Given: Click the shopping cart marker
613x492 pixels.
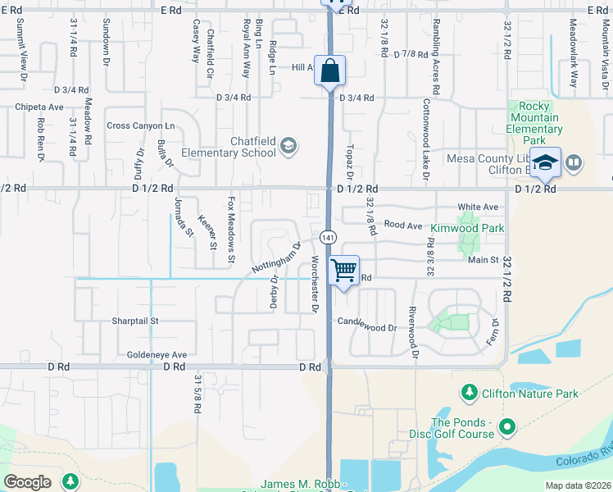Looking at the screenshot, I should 344,269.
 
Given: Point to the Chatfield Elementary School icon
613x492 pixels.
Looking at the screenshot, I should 287,146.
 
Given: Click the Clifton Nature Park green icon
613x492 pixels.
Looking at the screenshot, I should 469,394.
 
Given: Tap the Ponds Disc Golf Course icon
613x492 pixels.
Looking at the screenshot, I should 506,426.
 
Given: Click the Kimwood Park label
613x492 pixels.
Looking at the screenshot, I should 467,228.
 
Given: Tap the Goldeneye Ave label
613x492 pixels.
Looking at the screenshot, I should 157,355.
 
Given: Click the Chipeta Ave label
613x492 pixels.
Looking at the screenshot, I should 40,107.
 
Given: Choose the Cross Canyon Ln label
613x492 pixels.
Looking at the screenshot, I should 141,126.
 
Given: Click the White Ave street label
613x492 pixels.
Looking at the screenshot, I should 478,207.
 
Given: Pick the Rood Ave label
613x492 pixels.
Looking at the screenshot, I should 402,225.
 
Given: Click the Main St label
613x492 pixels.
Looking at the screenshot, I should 483,260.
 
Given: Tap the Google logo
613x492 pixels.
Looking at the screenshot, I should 28,481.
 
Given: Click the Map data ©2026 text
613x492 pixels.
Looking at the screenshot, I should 577,485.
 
